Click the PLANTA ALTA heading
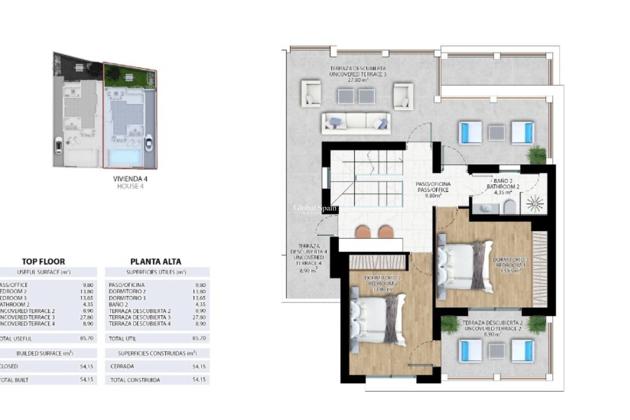156,262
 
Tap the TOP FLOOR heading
43,262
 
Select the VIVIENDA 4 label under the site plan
130,179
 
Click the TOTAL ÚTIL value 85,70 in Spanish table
199,338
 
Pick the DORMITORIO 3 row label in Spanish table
127,298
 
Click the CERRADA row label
122,366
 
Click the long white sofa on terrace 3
356,123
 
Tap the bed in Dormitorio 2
377,320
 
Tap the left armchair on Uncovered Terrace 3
311,94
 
